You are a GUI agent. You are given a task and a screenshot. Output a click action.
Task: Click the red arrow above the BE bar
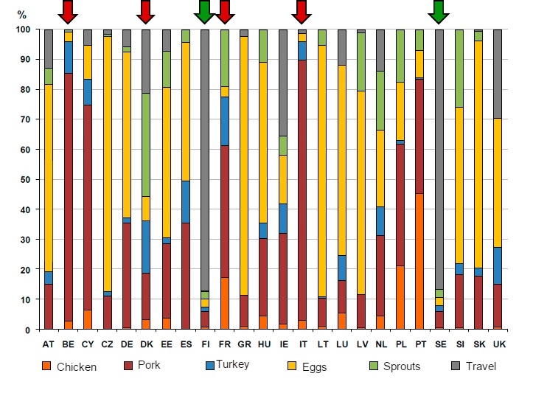point(68,11)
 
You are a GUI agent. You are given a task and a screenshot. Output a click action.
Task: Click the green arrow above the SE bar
point(439,11)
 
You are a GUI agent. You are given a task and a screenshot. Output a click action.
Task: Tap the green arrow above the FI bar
point(204,11)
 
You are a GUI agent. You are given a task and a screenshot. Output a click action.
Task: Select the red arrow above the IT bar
point(301,11)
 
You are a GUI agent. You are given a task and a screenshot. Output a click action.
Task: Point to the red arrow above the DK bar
point(146,11)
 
